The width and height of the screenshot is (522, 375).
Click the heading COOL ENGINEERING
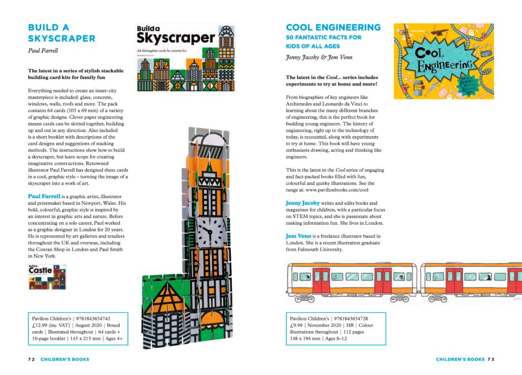[x=333, y=27]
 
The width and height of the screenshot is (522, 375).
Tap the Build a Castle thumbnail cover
[x=47, y=277]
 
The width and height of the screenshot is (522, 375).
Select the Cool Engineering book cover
[x=443, y=61]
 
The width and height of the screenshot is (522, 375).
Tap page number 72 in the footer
[x=31, y=359]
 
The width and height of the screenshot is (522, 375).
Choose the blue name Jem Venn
[x=299, y=236]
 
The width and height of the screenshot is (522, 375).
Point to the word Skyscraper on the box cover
[x=176, y=38]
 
